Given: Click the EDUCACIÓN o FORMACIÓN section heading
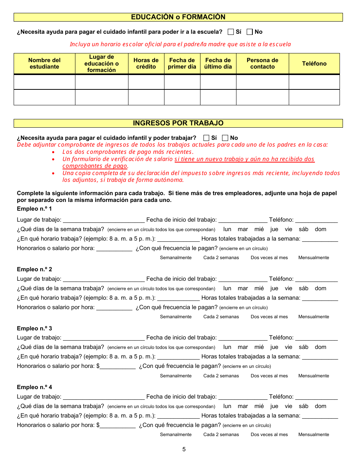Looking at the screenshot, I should point(178,17).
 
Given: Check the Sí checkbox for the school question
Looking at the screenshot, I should point(231,32).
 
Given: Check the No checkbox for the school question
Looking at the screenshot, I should point(250,32).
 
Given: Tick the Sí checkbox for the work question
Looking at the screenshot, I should point(207,138).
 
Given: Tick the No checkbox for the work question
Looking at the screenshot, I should point(225,138).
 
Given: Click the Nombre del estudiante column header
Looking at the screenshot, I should point(44,63).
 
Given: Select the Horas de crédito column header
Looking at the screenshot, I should point(146,63).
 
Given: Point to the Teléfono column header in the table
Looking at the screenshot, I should point(314,64).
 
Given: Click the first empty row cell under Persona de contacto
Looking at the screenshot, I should point(262,82).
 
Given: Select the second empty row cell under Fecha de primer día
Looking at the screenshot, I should point(182,97).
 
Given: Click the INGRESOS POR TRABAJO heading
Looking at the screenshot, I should point(178,123).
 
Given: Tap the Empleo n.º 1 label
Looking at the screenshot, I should point(34,209).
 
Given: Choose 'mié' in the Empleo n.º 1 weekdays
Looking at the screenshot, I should point(259,229).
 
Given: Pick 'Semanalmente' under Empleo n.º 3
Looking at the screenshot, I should point(176,376).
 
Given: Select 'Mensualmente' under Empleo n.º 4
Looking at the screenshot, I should point(314,435).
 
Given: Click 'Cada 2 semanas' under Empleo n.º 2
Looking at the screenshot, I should point(221,317).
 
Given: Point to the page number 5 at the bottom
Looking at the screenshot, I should point(184,449).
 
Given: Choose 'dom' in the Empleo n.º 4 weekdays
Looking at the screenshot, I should point(321,406).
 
